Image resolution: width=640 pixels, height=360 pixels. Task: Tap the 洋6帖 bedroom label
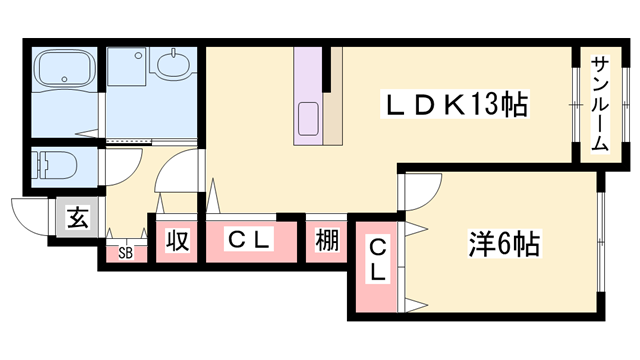(504, 244)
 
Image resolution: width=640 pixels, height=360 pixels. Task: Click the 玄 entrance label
(77, 216)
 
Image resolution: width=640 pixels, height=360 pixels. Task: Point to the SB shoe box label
(125, 252)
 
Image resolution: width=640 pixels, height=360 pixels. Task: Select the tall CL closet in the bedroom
(378, 259)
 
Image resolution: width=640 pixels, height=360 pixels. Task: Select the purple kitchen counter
(306, 90)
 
